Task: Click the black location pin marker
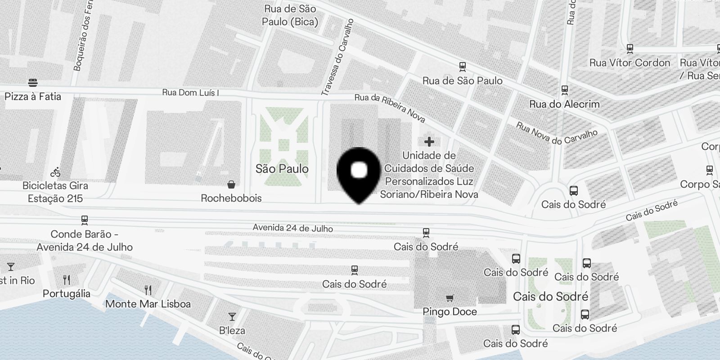point(359,174)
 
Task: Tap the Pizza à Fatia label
point(33,96)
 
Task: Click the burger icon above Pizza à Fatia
point(32,83)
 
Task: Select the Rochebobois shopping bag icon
point(231,184)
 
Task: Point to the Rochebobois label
point(231,198)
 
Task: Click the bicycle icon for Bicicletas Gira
point(55,172)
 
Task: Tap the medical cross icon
point(429,142)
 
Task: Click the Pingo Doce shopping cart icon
point(450,298)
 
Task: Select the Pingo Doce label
point(450,311)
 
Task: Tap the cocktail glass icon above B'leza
point(232,317)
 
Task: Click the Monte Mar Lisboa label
point(148,304)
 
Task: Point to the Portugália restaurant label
point(67,293)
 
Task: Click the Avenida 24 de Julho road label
point(293,228)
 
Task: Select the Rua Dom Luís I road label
point(191,93)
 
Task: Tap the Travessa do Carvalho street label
point(338,58)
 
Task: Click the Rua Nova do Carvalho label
point(557,133)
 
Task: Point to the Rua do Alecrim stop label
point(564,104)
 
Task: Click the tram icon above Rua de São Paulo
point(462,67)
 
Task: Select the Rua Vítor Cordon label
point(630,63)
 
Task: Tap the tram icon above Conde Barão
point(84,220)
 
